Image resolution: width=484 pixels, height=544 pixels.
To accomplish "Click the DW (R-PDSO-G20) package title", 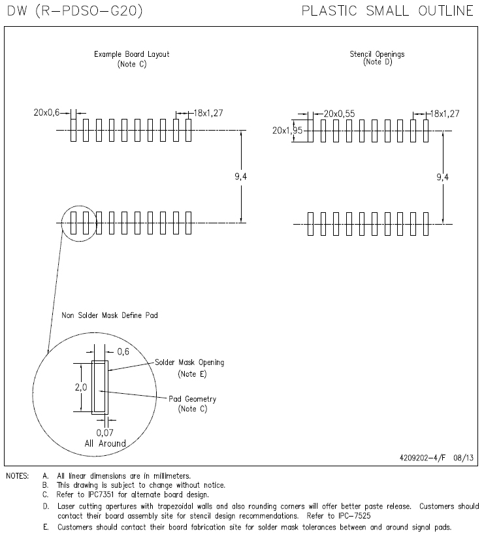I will click(73, 11).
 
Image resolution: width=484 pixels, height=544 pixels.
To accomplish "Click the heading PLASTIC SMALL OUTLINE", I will click(387, 11).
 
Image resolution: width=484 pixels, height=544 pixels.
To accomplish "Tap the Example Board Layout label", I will click(131, 54).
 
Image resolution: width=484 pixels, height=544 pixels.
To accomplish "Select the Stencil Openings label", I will click(377, 54).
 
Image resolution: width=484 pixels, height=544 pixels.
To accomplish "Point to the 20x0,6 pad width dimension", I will click(46, 113).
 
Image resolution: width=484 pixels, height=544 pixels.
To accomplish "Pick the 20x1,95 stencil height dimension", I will click(287, 130).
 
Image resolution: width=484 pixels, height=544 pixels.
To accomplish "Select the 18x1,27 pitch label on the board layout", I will click(208, 113).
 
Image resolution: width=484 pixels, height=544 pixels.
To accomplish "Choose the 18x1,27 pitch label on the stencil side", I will click(444, 113).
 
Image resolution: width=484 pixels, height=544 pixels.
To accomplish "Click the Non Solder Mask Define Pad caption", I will click(110, 315).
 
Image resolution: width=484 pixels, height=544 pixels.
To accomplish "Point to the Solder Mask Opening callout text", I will click(189, 362).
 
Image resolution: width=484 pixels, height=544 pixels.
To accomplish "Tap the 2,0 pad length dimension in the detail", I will click(82, 387).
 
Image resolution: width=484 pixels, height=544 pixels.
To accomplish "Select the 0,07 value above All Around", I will click(105, 432).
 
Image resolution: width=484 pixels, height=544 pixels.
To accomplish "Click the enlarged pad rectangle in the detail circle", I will click(100, 387).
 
